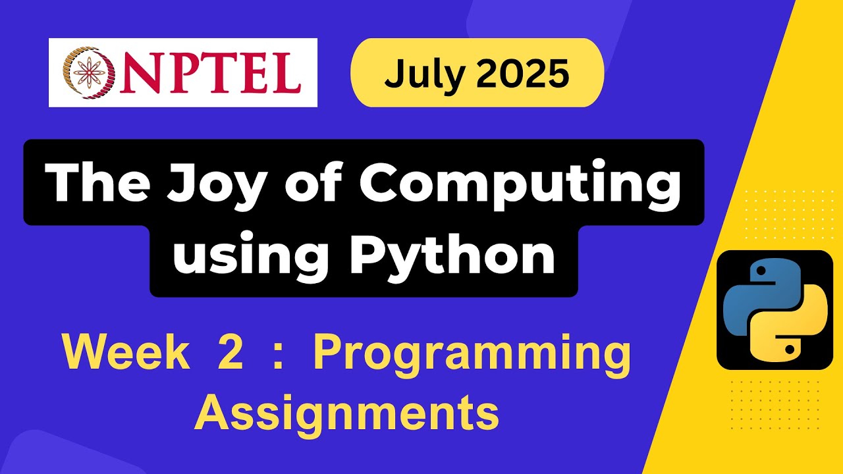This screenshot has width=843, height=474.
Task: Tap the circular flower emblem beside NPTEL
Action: tap(84, 72)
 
